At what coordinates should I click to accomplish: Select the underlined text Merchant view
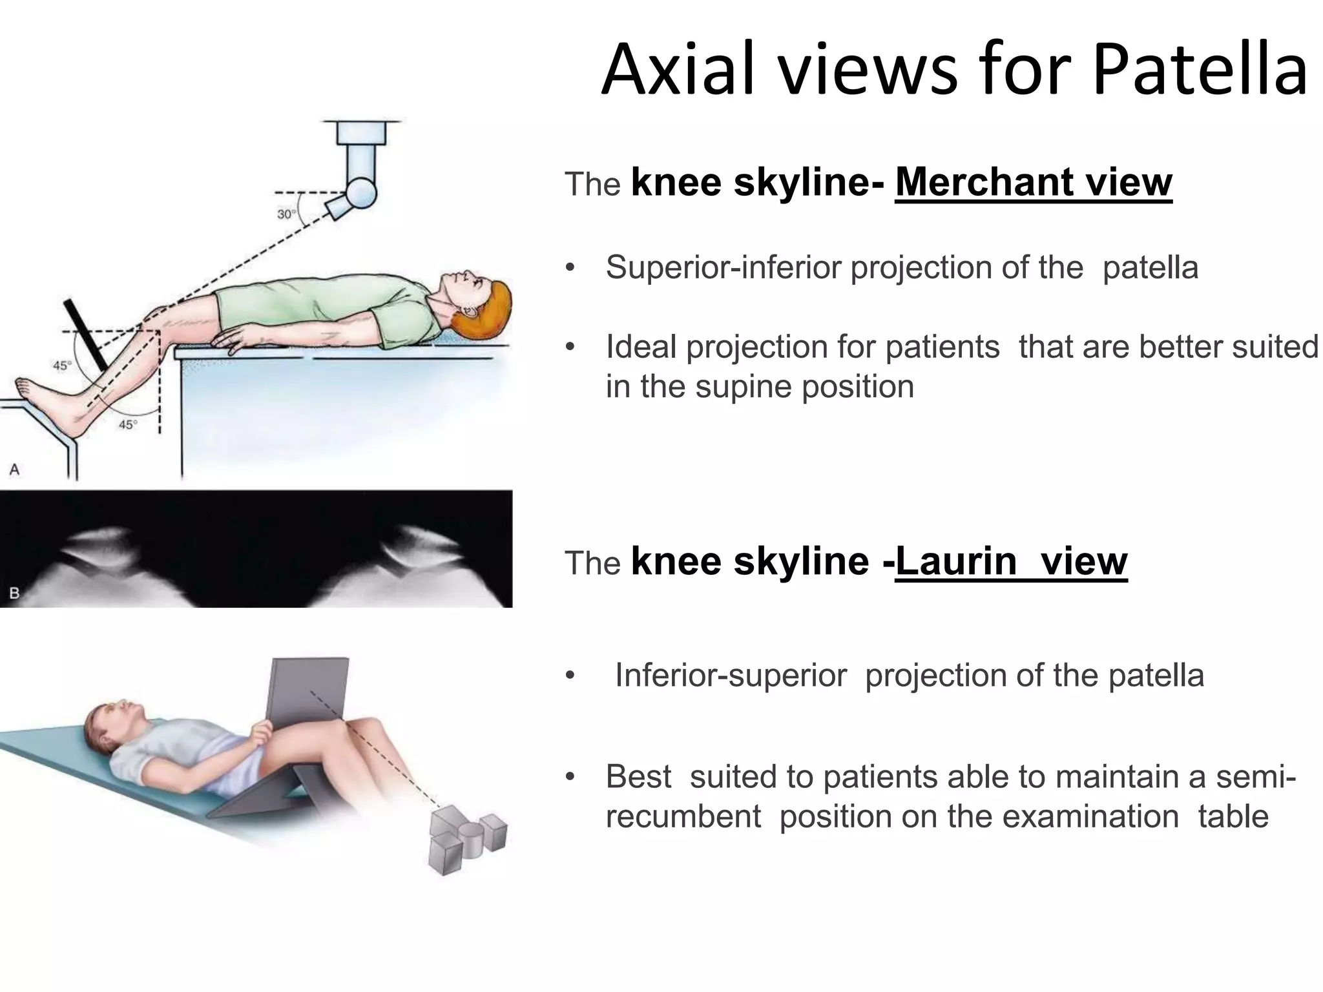coord(1034,183)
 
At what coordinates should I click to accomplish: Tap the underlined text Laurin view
coord(1011,561)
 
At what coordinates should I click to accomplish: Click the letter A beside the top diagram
coord(14,470)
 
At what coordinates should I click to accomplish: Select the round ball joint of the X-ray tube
coord(360,191)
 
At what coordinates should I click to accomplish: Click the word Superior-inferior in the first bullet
coord(724,268)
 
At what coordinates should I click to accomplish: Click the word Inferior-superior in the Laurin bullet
coord(730,676)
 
